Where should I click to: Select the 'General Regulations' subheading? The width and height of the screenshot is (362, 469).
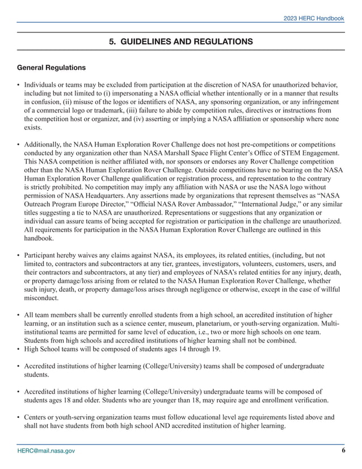tap(52, 68)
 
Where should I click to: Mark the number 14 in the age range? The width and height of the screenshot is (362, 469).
tap(176, 349)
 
